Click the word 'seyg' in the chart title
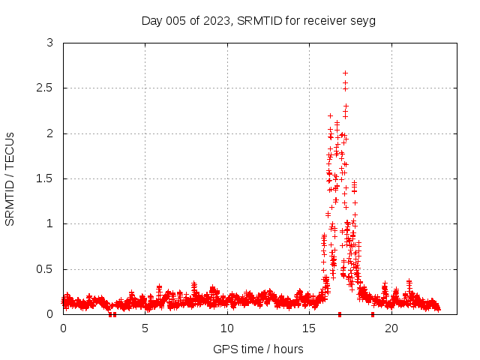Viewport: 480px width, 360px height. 363,20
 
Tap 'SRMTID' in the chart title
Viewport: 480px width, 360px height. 257,20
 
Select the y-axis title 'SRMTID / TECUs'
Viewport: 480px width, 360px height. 10,178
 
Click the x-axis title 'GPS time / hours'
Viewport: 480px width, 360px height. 258,349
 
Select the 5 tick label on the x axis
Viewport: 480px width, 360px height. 145,328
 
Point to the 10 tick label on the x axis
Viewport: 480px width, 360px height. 227,328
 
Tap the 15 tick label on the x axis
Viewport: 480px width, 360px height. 309,328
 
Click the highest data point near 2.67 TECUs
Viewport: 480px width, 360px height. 345,73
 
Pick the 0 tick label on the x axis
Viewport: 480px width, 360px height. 63,328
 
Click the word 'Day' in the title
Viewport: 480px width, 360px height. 151,20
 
